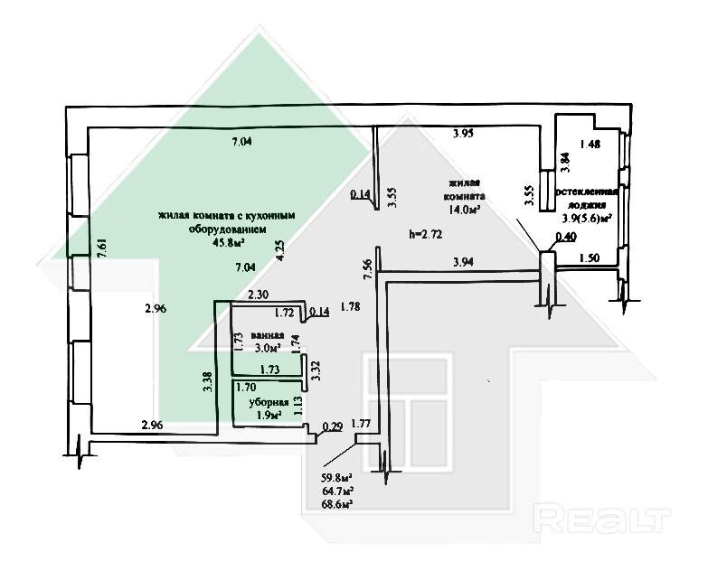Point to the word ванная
(269, 334)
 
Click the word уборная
(271, 402)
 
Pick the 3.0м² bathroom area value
(269, 347)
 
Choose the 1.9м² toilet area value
(269, 415)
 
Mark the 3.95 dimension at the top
(464, 135)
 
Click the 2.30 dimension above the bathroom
(258, 295)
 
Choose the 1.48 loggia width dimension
(590, 144)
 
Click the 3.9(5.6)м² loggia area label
(585, 218)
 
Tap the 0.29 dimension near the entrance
(332, 426)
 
